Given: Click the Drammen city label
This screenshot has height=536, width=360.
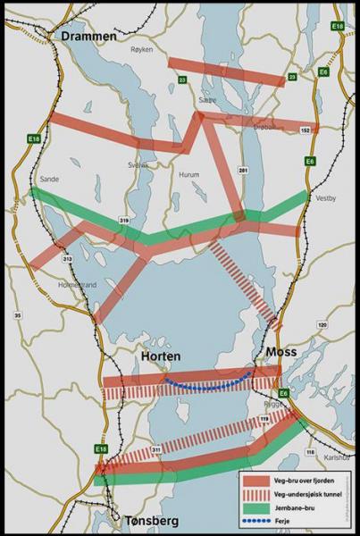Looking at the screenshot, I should (x=89, y=35).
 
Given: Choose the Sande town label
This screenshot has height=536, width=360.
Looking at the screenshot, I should (x=49, y=179).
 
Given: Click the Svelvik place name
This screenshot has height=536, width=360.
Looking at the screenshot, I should (x=138, y=164).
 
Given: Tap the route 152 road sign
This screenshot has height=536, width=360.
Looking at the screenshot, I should (x=306, y=130).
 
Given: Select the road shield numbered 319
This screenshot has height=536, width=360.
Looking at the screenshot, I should (x=124, y=219).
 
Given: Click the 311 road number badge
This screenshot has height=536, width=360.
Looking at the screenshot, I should (x=155, y=449).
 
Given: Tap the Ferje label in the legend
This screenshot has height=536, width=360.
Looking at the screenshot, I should (x=280, y=519).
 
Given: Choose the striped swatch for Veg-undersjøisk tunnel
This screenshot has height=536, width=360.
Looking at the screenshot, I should (x=253, y=493).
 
